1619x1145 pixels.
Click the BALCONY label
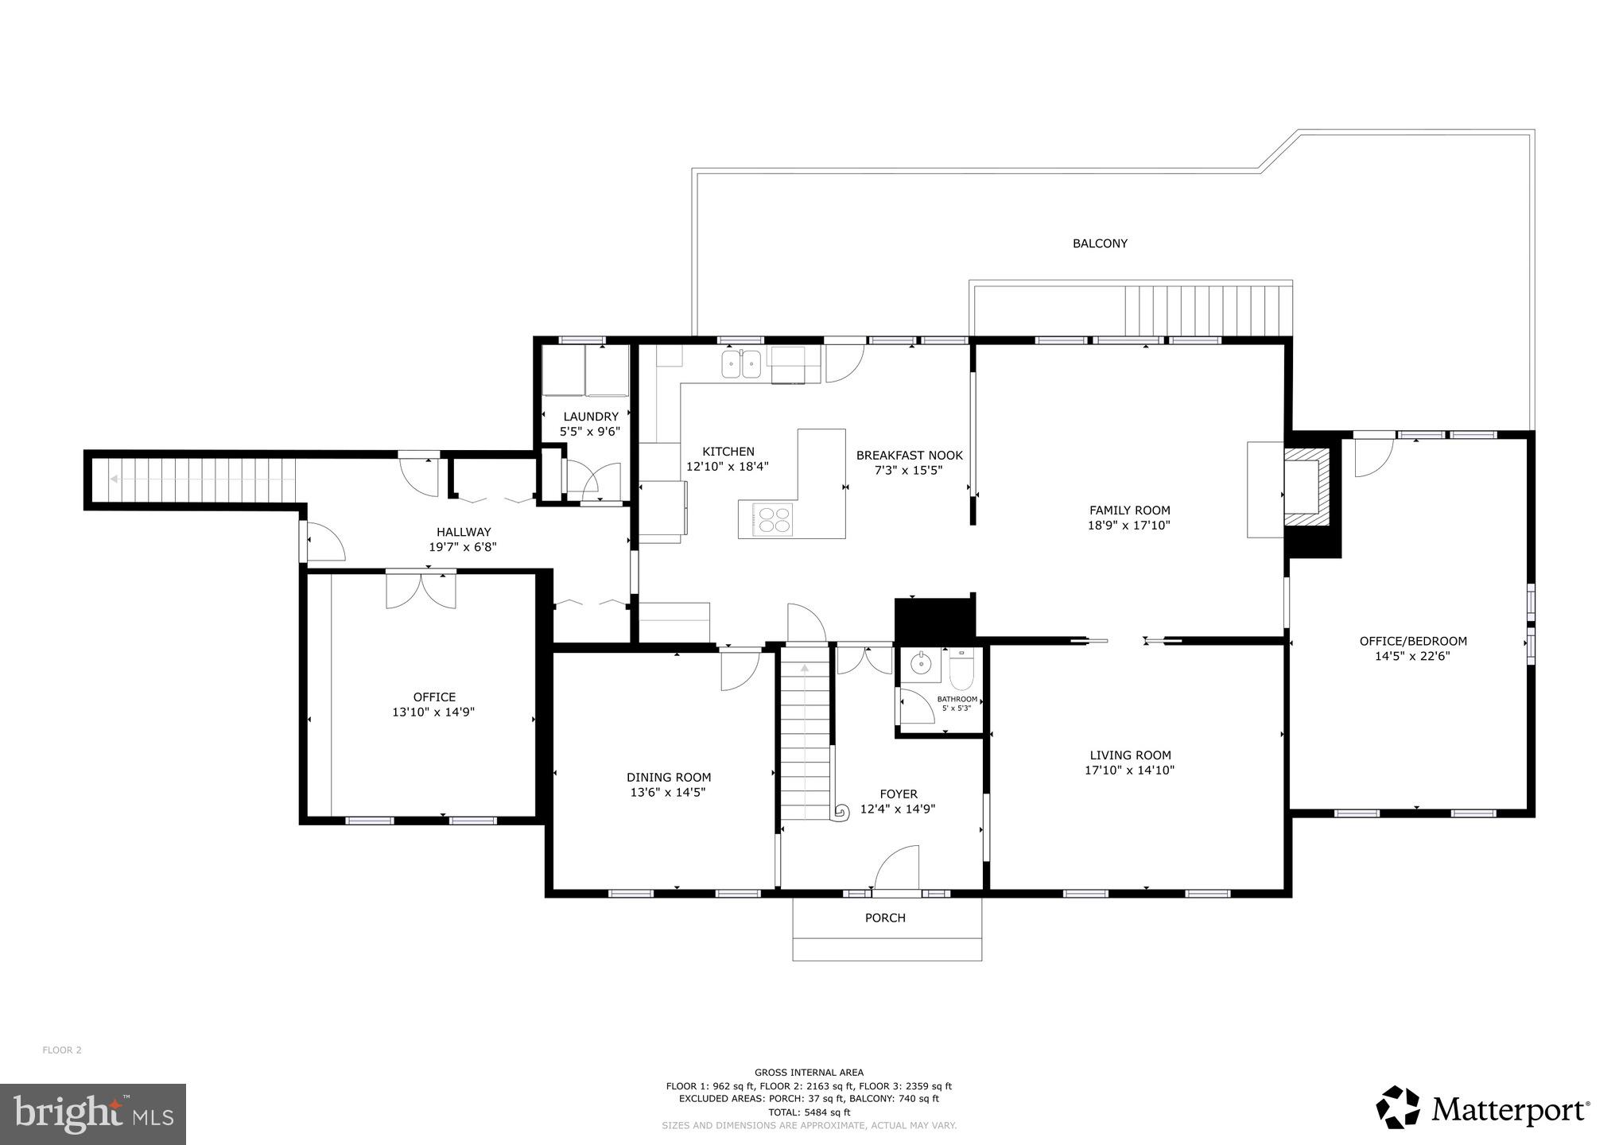(x=1100, y=244)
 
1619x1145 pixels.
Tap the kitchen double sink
(x=741, y=365)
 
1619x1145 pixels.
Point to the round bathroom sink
(x=922, y=663)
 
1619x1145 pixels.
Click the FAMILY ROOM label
(x=1129, y=510)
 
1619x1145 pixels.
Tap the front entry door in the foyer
(x=898, y=870)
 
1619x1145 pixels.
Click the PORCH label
(x=885, y=918)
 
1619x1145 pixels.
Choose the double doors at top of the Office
(x=421, y=589)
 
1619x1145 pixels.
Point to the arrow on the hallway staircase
(x=116, y=479)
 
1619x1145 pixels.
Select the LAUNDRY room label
(x=591, y=417)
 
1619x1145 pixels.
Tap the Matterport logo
(x=1484, y=1108)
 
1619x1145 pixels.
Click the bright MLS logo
(x=93, y=1114)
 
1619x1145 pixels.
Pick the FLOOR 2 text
(x=62, y=1050)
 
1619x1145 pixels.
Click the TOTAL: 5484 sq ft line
(x=809, y=1112)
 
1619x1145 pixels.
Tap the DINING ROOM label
(x=669, y=778)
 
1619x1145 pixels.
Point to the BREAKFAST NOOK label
(x=909, y=456)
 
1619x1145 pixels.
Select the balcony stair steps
(x=1207, y=310)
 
